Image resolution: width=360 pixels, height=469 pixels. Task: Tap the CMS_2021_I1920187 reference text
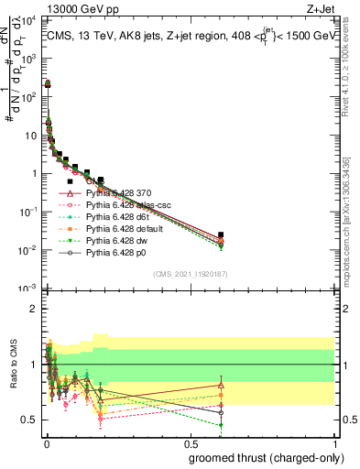[191, 273]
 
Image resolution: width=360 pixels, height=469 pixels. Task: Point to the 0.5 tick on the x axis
[190, 443]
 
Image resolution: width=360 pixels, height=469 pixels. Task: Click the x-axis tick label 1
[335, 443]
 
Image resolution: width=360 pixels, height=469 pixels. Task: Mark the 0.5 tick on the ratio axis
[35, 420]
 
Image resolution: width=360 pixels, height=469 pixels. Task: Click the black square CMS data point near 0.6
[221, 235]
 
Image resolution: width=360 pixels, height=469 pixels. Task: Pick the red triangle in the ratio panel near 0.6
[221, 386]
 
